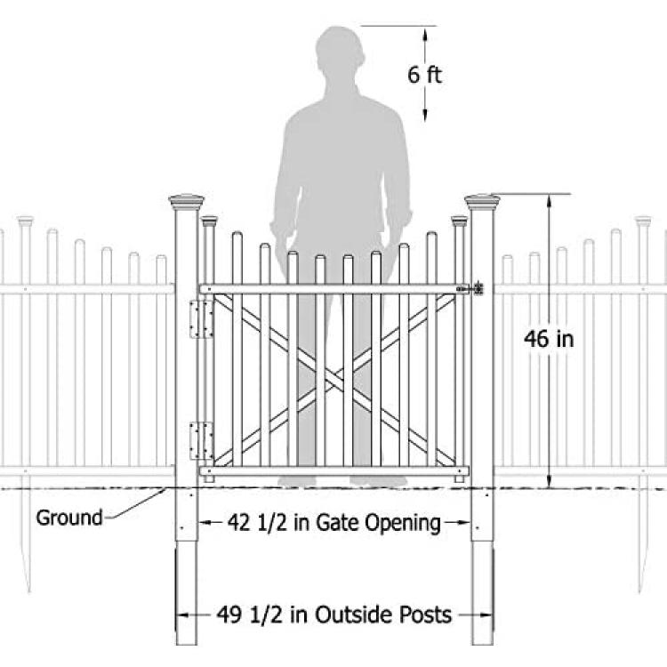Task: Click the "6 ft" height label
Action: click(424, 75)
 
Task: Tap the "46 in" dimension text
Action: click(549, 339)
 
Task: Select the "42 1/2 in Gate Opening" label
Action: click(333, 522)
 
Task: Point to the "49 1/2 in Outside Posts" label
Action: click(333, 615)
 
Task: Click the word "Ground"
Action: click(69, 518)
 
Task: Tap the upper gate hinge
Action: click(201, 319)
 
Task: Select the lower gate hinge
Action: click(201, 441)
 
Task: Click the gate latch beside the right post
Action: click(471, 289)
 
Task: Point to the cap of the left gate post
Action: click(187, 203)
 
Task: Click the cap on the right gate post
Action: click(482, 203)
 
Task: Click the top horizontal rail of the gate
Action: click(334, 289)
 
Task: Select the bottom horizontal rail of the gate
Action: click(334, 470)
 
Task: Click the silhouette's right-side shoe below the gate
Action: click(379, 481)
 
